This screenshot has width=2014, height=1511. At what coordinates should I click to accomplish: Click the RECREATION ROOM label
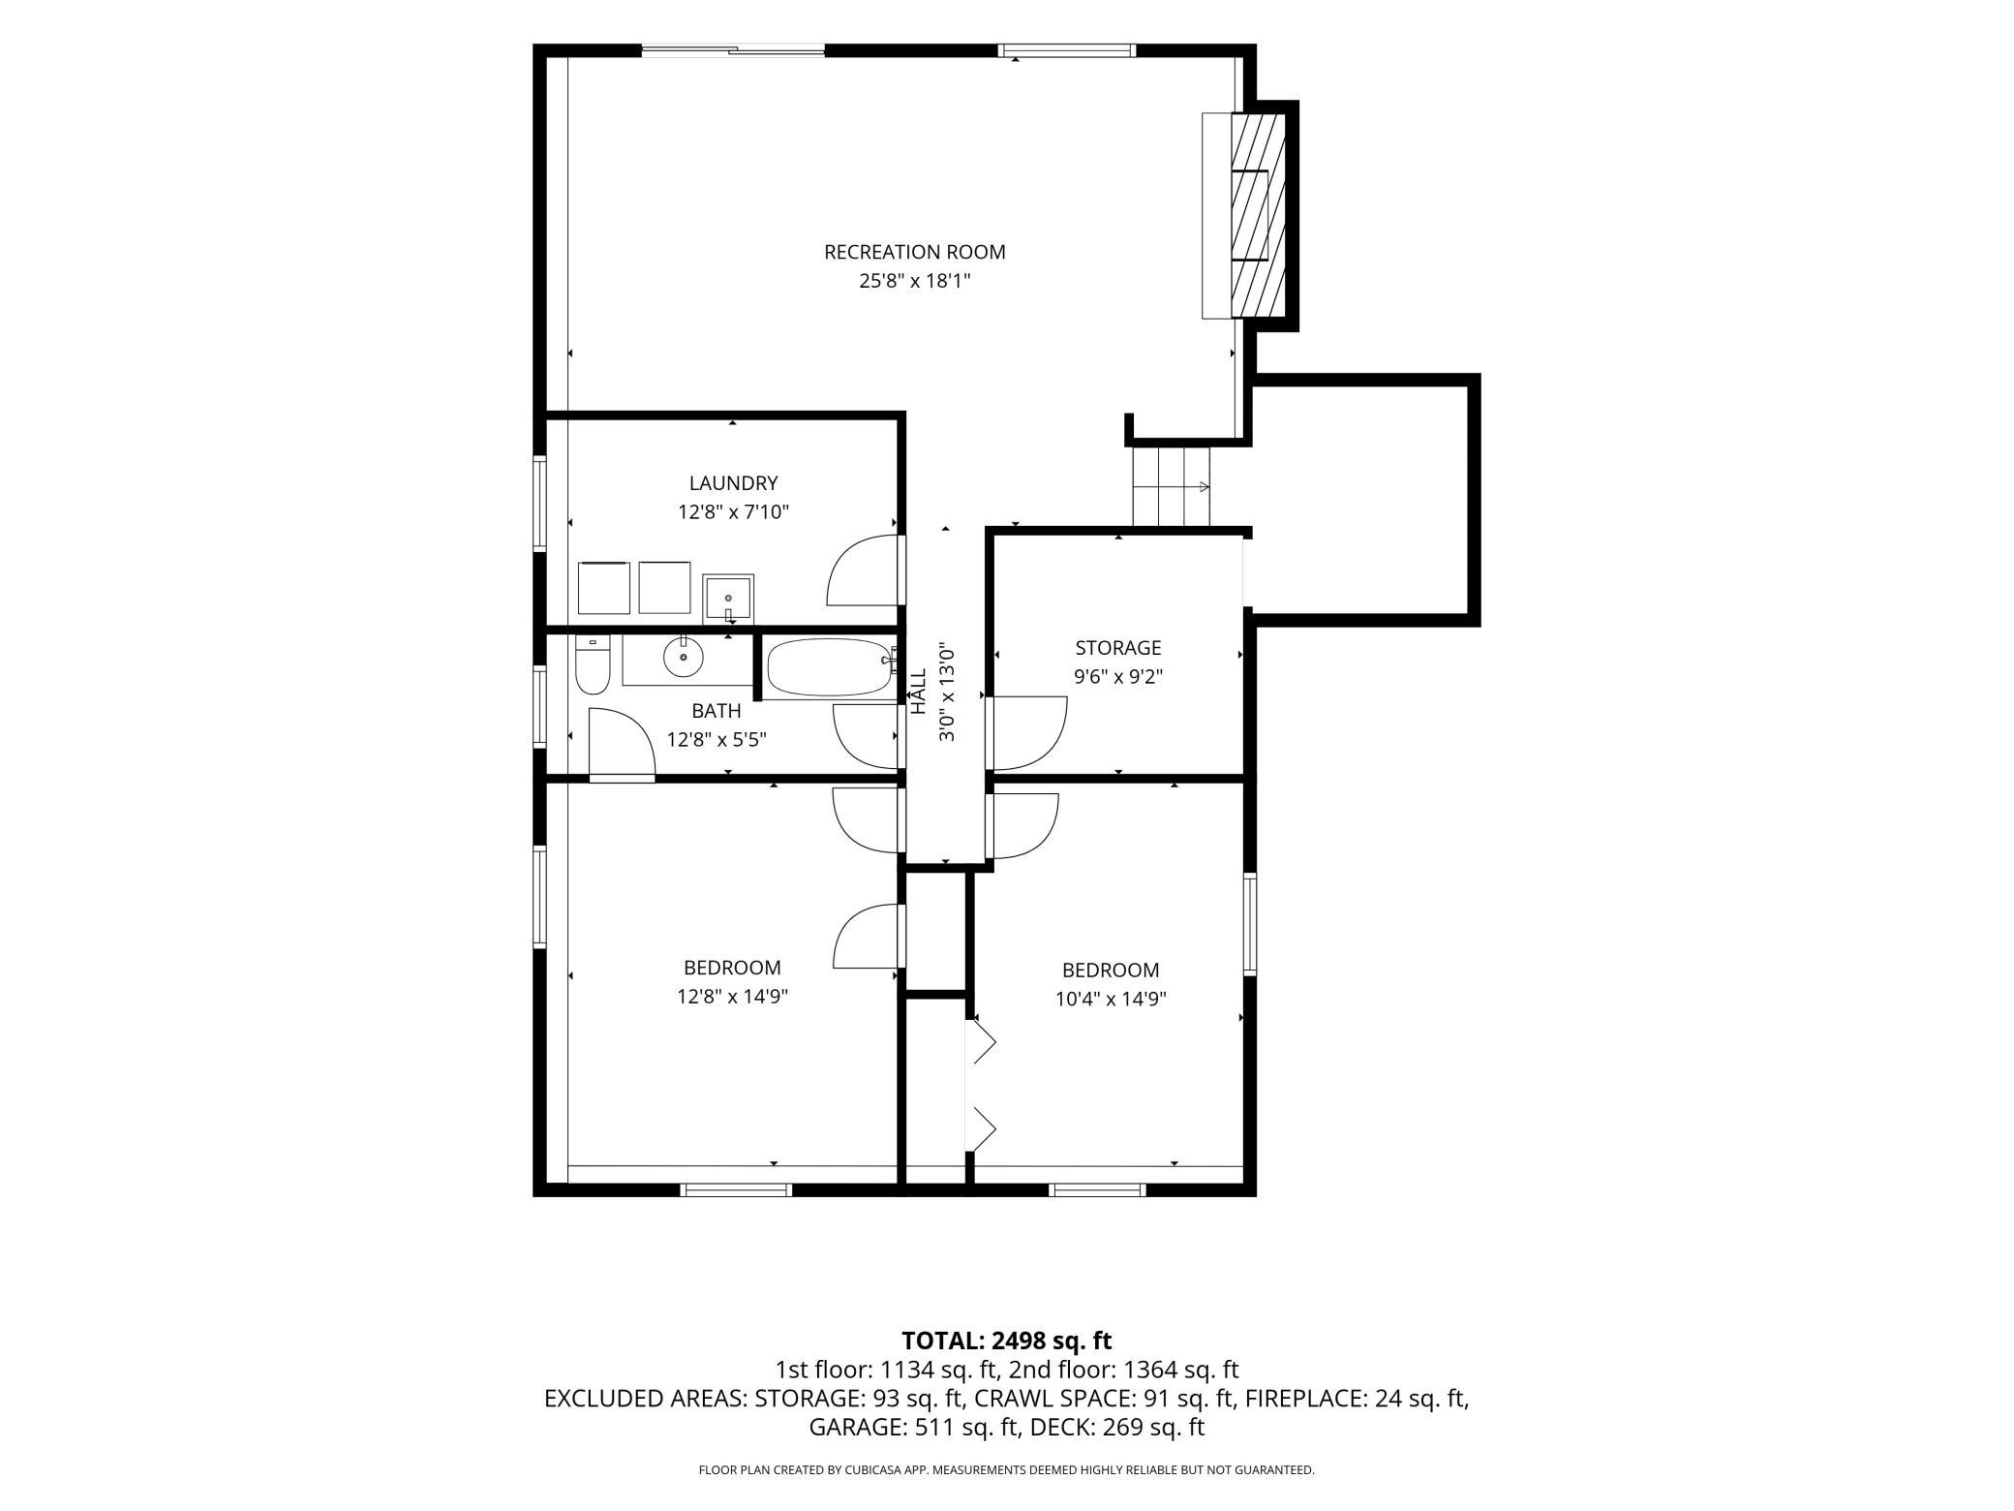914,252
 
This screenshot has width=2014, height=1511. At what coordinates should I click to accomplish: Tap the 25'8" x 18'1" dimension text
914,281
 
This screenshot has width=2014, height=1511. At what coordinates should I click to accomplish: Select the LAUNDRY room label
733,482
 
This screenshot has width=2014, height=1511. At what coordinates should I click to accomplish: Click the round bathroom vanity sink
683,658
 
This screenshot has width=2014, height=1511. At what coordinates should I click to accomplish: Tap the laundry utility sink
728,599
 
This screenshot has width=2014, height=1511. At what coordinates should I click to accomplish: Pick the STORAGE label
1117,647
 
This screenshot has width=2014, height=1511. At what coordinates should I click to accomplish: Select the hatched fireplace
1258,215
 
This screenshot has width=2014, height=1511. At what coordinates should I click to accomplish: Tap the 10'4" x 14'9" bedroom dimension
1111,999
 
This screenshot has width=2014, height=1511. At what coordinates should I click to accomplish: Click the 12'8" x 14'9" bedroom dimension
732,996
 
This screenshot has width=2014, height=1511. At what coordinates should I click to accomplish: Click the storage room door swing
1027,733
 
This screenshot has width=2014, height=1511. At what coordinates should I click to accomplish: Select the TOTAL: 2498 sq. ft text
1006,1341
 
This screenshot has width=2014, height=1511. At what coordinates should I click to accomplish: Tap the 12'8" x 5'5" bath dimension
717,740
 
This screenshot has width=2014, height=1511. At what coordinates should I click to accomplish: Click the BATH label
717,711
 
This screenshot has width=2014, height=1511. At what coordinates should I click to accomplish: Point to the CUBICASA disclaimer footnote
1006,1470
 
